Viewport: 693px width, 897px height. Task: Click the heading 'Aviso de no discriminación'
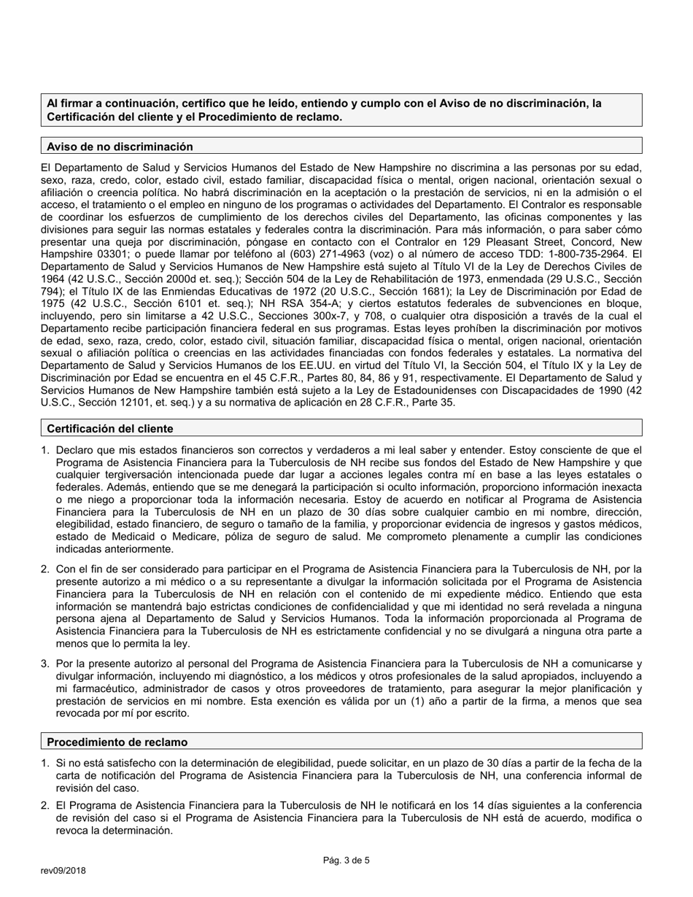tap(120, 147)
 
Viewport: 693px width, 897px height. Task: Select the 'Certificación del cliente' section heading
tap(110, 428)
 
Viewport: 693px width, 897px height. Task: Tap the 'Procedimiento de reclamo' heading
tap(117, 742)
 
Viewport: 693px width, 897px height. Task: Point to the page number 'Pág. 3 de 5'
tap(346, 861)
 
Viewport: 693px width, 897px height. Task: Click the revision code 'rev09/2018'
tap(63, 871)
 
